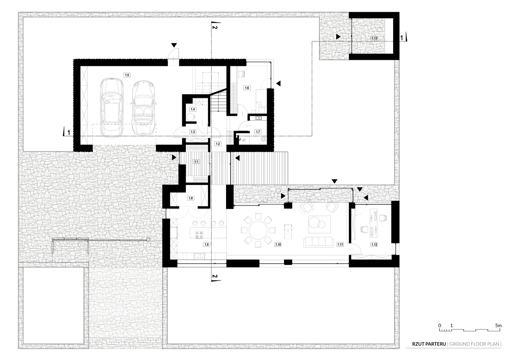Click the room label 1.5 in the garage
[127, 75]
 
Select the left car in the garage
[112, 106]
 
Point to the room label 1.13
[374, 38]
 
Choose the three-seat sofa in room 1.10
[318, 242]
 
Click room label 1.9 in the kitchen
[206, 244]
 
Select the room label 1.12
[374, 244]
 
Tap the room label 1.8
[191, 198]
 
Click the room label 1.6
[247, 88]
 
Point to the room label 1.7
[258, 132]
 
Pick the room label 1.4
[193, 109]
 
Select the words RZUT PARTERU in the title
[429, 344]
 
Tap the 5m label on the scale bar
[498, 325]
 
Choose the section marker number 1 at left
[68, 132]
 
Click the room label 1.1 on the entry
[196, 162]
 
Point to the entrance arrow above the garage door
[174, 45]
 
